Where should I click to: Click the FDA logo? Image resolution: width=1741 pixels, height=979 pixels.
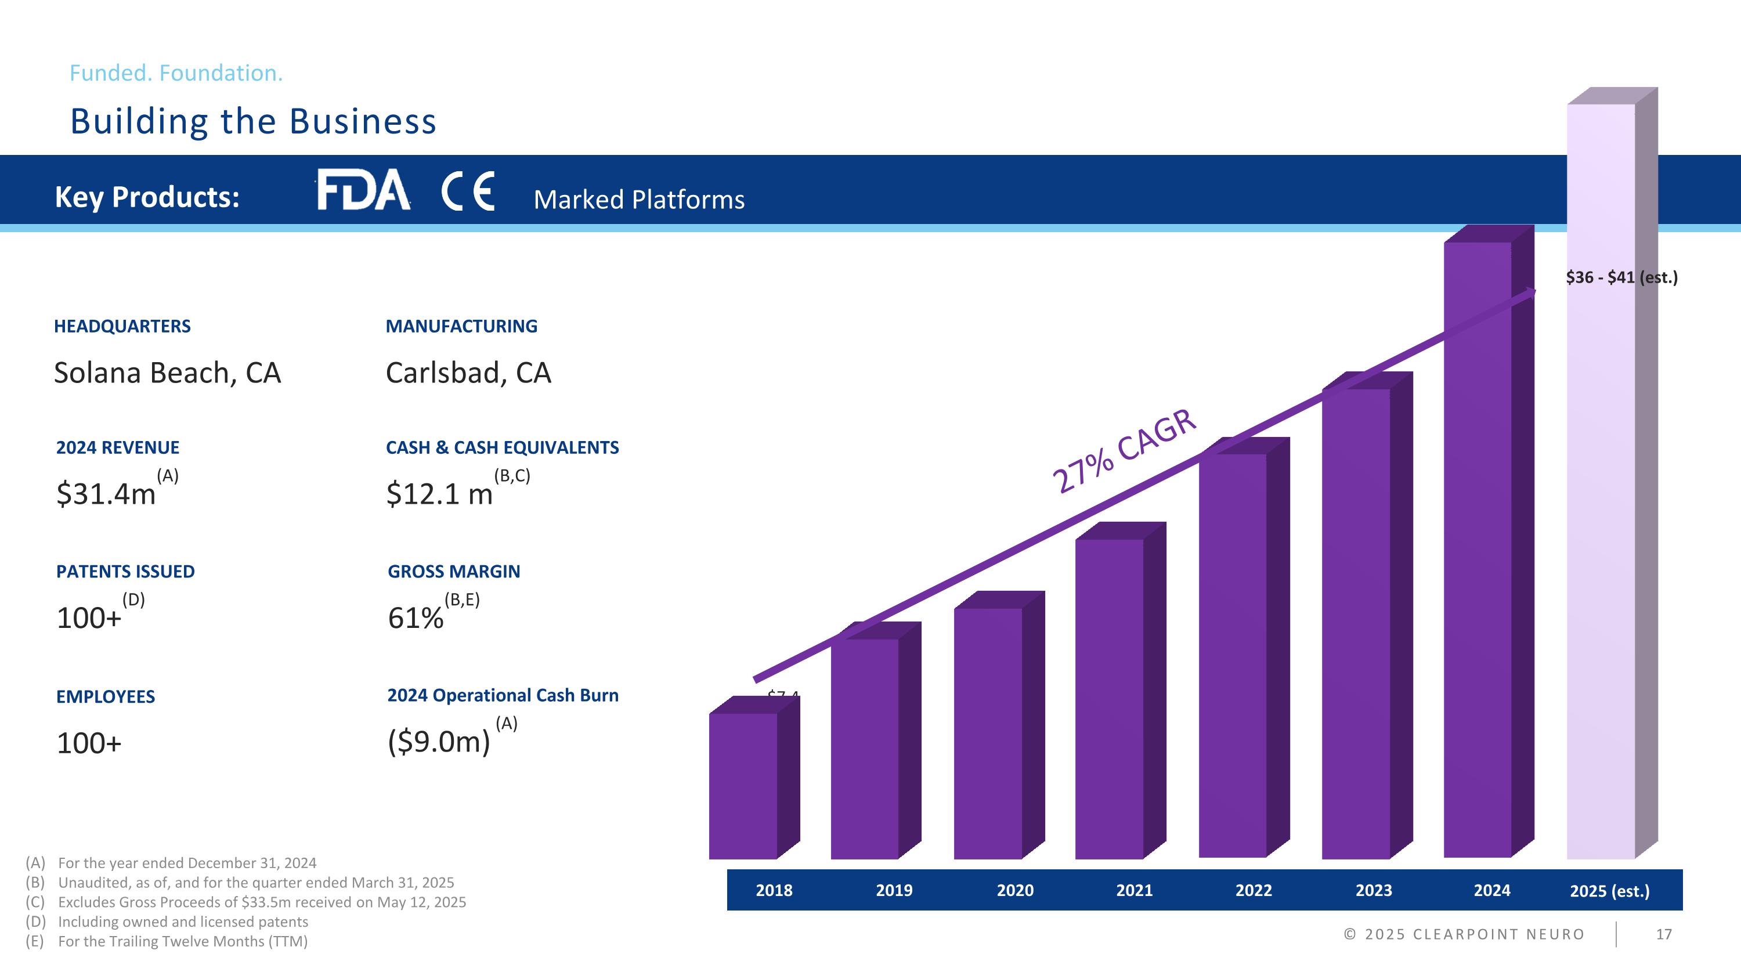363,190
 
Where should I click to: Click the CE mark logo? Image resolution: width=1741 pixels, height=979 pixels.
468,191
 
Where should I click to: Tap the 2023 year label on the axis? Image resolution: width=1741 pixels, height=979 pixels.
1373,890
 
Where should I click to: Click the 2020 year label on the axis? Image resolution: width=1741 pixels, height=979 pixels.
1014,890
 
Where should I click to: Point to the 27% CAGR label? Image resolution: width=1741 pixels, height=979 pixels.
1124,451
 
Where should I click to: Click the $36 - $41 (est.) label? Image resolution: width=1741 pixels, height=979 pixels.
1621,277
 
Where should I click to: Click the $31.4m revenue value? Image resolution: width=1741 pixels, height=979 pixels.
106,494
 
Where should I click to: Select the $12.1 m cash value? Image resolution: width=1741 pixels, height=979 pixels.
439,494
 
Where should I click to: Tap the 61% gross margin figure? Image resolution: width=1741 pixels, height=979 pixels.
416,617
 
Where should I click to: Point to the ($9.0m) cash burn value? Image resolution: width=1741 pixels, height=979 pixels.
439,742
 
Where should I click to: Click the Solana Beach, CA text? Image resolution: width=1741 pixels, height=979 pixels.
167,373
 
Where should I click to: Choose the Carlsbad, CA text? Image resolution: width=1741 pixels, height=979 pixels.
468,373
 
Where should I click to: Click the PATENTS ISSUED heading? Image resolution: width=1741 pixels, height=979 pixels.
125,572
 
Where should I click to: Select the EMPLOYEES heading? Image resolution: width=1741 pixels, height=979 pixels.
106,696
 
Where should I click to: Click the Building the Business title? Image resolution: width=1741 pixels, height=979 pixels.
254,122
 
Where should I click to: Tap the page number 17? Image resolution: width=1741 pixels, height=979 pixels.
1664,934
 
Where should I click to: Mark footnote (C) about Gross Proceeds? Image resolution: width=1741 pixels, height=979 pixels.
262,902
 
